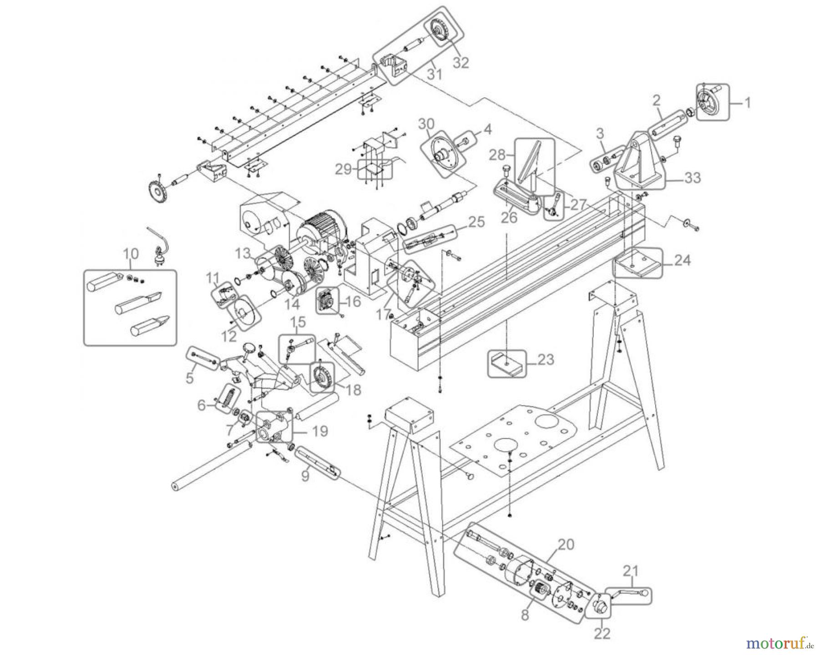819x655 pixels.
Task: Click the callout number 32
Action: (x=460, y=63)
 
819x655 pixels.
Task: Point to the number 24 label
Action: (x=682, y=261)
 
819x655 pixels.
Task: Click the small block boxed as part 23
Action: (x=506, y=363)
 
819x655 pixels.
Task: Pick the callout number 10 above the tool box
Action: (x=131, y=253)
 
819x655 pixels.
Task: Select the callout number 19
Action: (x=321, y=430)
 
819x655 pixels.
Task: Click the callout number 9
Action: (x=304, y=476)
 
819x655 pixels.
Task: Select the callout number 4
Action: (x=487, y=130)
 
